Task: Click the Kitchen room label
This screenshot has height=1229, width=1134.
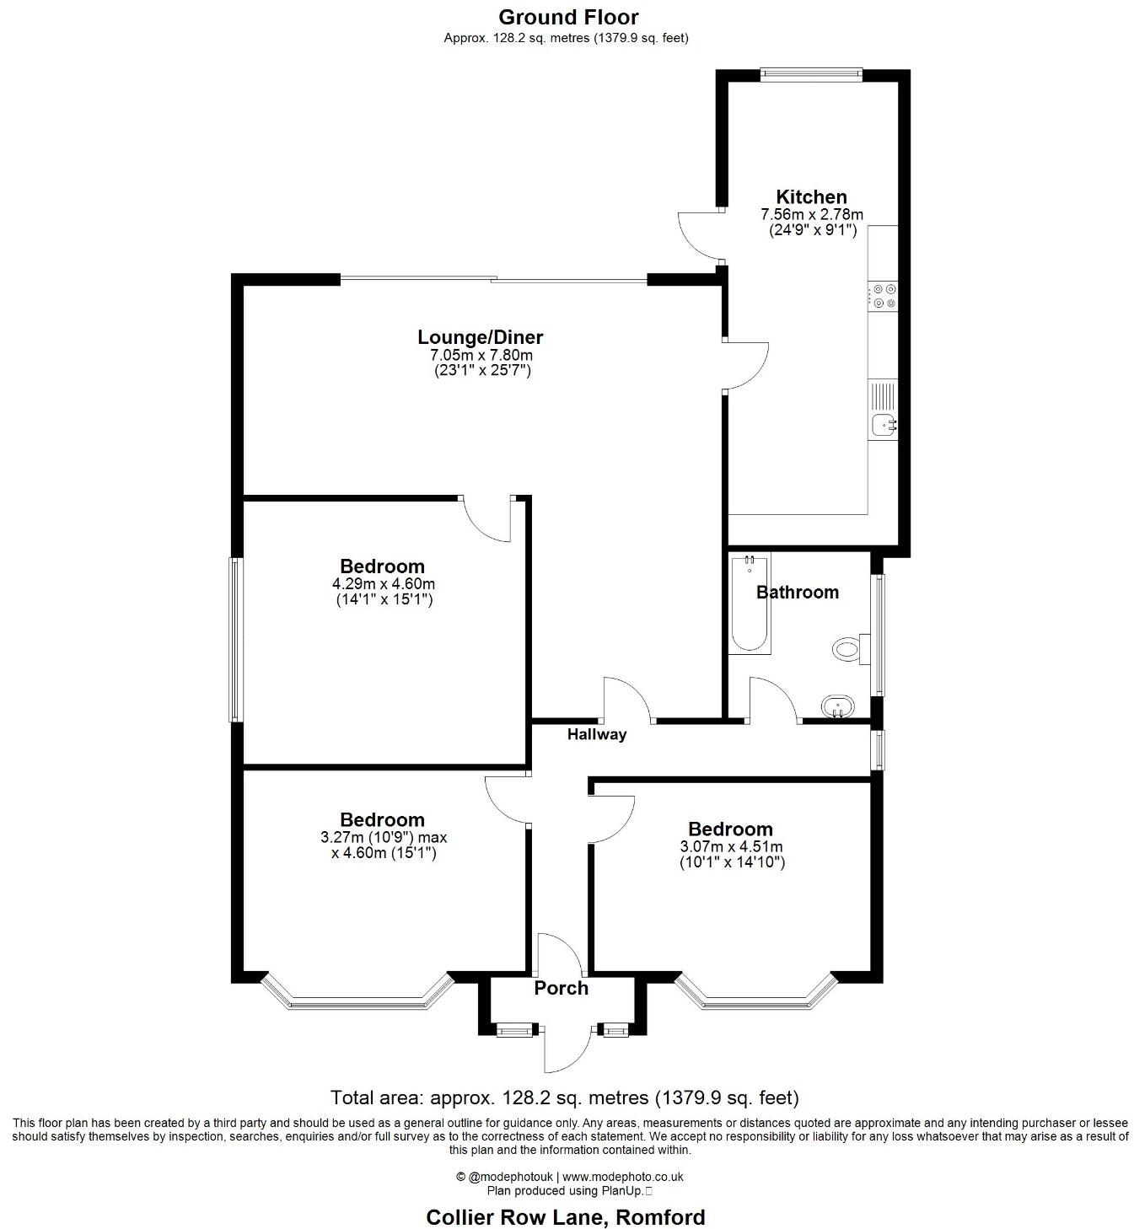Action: point(811,197)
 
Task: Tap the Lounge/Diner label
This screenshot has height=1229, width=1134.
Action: point(481,337)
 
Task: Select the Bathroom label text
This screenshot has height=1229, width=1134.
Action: point(797,592)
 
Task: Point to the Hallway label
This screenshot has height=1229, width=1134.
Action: point(596,734)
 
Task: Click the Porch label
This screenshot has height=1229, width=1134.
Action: point(561,988)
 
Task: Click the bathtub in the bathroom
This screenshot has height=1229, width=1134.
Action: point(749,603)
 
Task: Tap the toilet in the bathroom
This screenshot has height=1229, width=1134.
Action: point(846,649)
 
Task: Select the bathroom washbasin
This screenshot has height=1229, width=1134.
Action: point(836,706)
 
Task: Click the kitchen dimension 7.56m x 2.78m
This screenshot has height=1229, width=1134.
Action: point(811,215)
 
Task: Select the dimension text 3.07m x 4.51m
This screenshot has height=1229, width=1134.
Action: point(731,847)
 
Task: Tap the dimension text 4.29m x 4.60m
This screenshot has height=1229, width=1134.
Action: point(384,583)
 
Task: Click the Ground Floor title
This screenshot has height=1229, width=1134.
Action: point(568,17)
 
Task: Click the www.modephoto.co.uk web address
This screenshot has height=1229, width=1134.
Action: point(622,1177)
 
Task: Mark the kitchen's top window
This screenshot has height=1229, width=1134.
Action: point(811,74)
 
